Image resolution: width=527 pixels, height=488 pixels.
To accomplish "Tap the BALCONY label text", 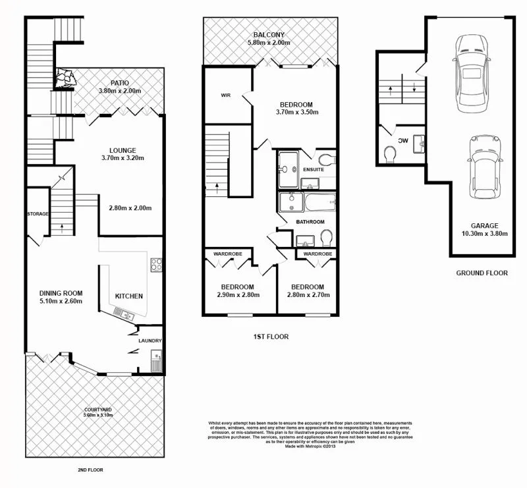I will [268, 35].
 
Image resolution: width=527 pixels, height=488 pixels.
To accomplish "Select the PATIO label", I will [119, 82].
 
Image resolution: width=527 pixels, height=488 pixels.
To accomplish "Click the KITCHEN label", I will [128, 296].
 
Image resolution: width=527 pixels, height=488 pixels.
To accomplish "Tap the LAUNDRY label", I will [150, 340].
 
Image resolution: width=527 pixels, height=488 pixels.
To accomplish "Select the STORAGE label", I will [38, 214].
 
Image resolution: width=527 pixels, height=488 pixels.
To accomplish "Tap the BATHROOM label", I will [310, 221].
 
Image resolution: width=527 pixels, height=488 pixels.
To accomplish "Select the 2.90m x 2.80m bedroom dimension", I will [237, 295].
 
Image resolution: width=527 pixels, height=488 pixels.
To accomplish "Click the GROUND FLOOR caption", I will [482, 272].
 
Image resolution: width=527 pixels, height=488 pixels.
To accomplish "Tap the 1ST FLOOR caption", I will [271, 337].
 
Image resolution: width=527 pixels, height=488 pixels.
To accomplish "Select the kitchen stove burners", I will [157, 265].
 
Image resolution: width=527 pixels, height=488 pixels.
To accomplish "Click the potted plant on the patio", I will [65, 78].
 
